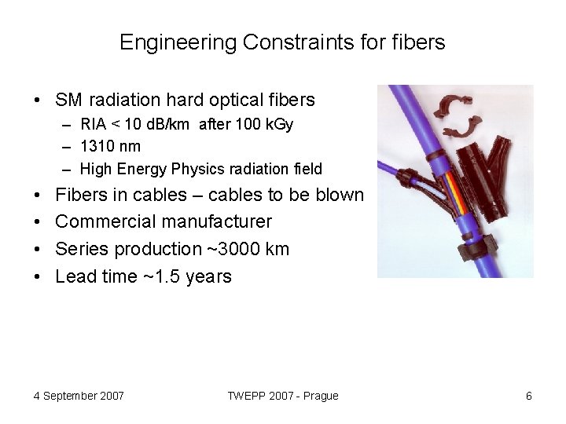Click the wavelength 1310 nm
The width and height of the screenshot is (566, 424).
(110, 147)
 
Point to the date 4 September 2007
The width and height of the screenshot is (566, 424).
(79, 396)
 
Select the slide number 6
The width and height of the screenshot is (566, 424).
(529, 396)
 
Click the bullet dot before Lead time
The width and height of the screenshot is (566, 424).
(38, 277)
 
